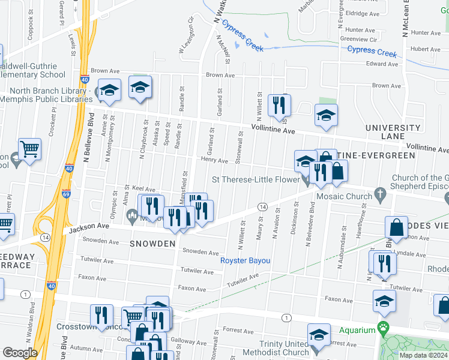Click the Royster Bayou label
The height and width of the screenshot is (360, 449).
click(245, 260)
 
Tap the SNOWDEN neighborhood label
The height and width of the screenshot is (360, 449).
click(152, 244)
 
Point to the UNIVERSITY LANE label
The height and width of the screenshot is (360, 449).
click(393, 132)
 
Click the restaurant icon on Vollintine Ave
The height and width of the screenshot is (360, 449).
click(279, 104)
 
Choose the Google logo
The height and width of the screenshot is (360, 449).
click(19, 353)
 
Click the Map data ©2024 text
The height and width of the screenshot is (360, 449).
click(424, 355)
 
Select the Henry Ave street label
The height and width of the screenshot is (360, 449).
click(214, 161)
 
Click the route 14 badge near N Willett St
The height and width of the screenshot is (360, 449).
click(262, 206)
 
